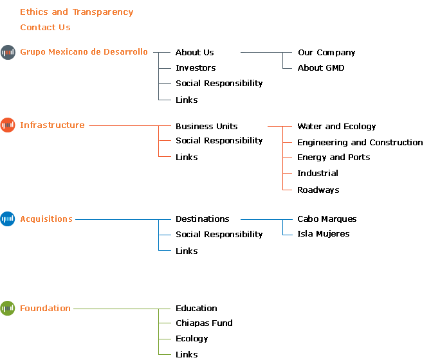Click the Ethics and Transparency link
tap(77, 12)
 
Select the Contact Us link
tap(45, 28)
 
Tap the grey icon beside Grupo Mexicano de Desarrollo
tap(8, 52)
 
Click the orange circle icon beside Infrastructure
tap(8, 125)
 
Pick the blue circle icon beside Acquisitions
tap(8, 219)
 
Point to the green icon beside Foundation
tap(8, 308)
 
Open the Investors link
tap(196, 68)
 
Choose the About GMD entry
tap(321, 68)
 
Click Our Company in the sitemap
tap(327, 53)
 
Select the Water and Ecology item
tap(336, 126)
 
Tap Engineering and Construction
tap(360, 142)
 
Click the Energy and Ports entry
tap(333, 157)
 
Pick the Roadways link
tap(318, 190)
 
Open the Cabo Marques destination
tap(327, 219)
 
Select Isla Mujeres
tap(323, 234)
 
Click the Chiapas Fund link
tap(204, 323)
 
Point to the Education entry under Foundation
tap(196, 308)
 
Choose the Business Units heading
tap(206, 126)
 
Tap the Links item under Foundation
tap(187, 354)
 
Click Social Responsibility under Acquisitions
tap(219, 234)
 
